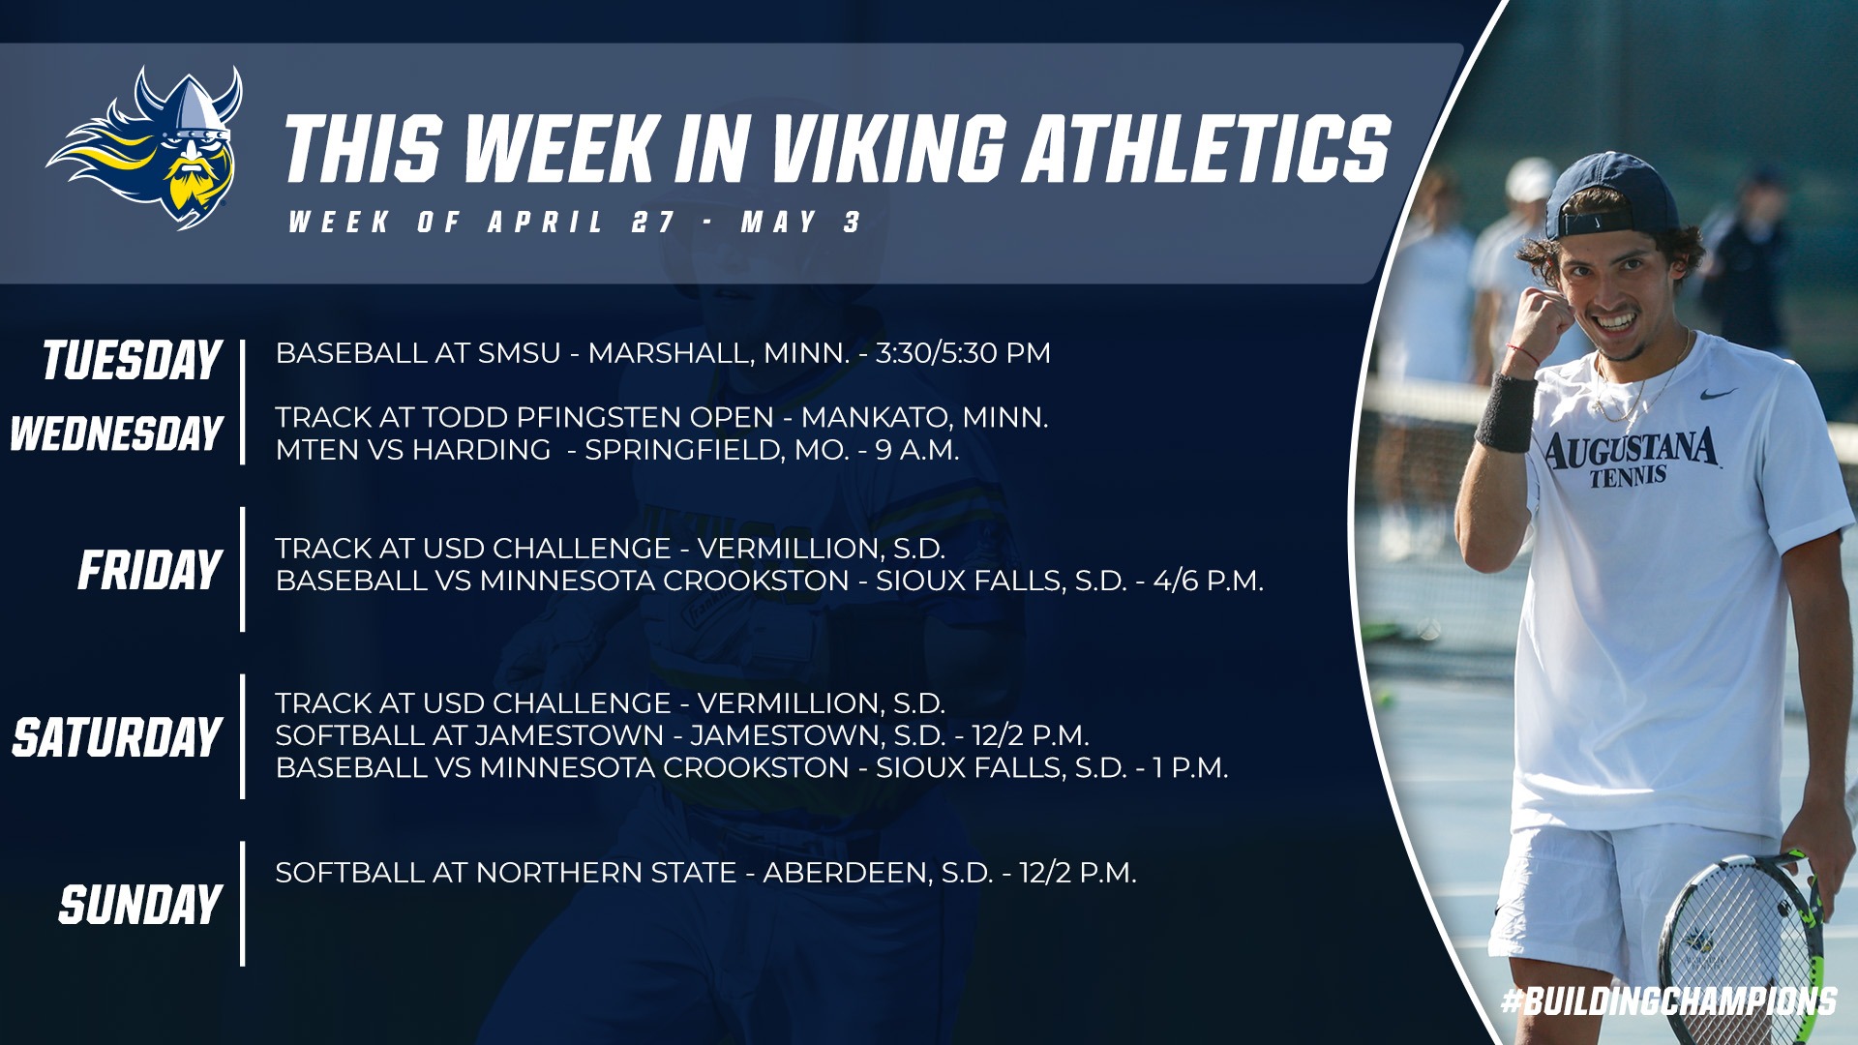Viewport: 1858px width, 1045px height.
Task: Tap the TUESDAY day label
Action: click(x=133, y=360)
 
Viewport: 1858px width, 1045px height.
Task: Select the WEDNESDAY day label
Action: click(x=117, y=433)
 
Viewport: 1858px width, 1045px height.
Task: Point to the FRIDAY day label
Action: click(x=150, y=570)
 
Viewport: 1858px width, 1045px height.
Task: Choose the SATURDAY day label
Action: click(x=117, y=737)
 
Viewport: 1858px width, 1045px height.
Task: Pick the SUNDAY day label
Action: click(x=141, y=905)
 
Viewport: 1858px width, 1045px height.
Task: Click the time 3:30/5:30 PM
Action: click(x=963, y=352)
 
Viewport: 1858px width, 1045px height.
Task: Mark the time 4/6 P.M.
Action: click(x=1209, y=581)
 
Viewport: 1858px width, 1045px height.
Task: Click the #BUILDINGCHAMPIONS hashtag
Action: click(x=1668, y=1000)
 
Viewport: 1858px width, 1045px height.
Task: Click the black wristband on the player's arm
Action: click(x=1506, y=413)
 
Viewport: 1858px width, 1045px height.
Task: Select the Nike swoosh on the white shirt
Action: click(x=1719, y=394)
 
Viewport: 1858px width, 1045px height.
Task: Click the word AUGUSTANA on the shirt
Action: click(x=1631, y=449)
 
